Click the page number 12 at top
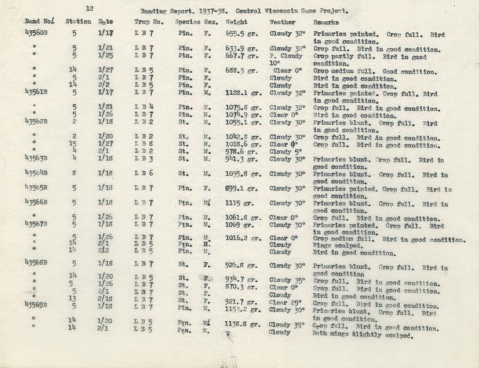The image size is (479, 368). click(90, 9)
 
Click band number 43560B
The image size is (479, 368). click(36, 33)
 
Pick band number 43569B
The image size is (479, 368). click(36, 304)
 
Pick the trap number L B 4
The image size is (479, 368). click(146, 107)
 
